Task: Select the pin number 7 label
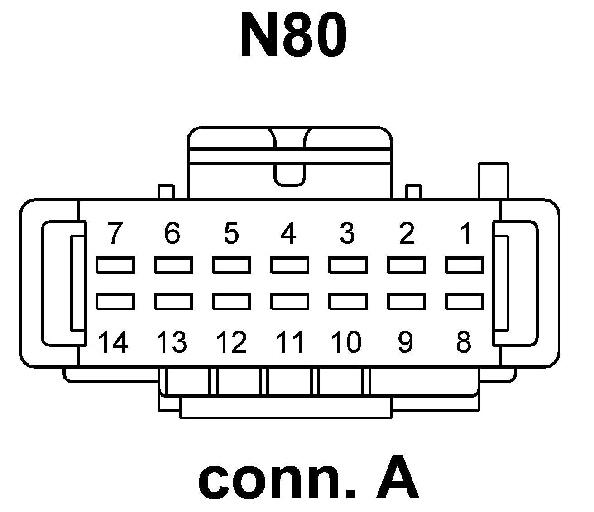click(115, 233)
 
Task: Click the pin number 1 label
click(465, 233)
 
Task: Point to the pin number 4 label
click(288, 233)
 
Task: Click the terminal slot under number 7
click(115, 265)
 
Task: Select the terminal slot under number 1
click(465, 265)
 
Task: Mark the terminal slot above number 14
click(115, 301)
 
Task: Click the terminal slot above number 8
click(465, 301)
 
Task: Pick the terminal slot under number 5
click(231, 265)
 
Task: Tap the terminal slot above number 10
click(348, 301)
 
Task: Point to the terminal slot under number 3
click(348, 265)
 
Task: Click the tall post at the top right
click(493, 181)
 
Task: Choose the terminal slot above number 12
click(231, 301)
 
